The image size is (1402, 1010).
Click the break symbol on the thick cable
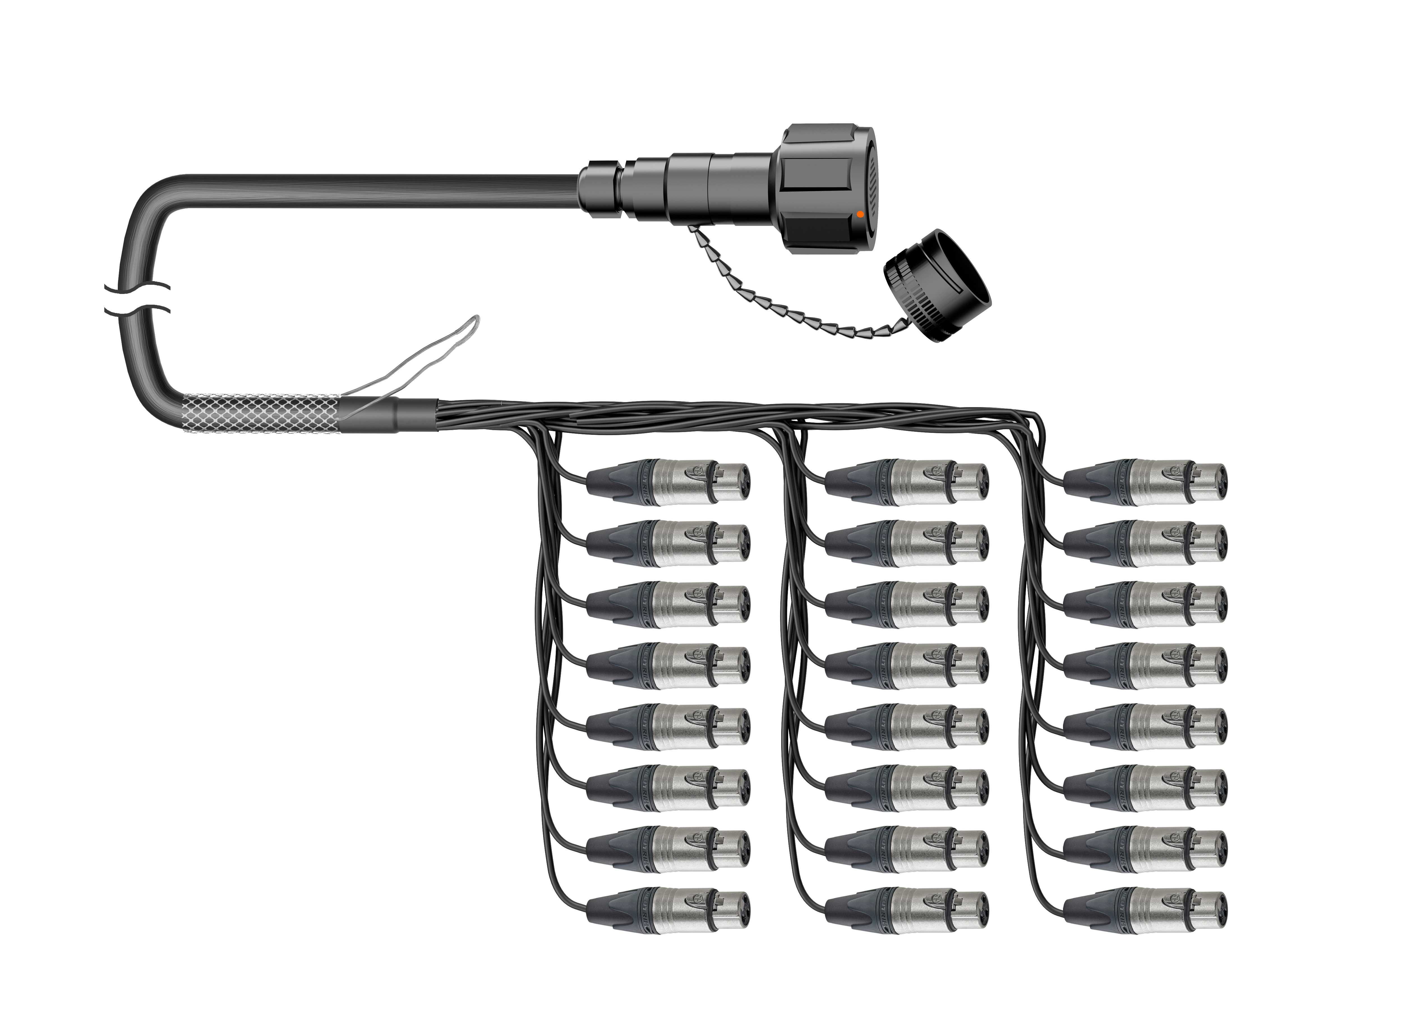(x=137, y=299)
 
